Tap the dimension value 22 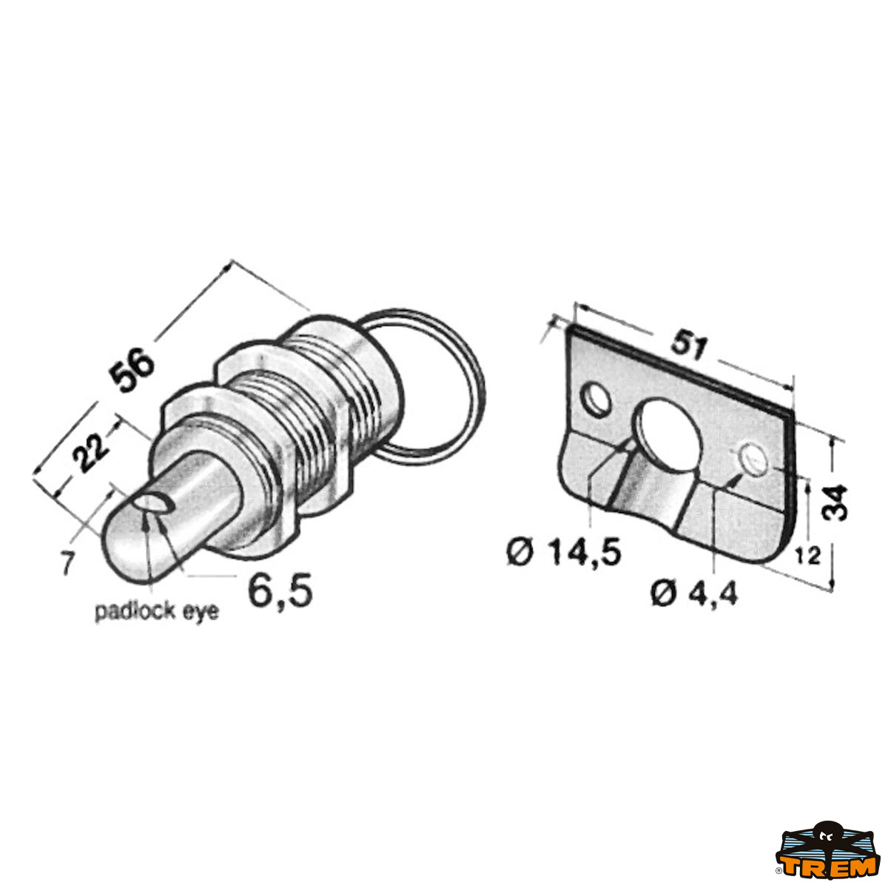pos(90,452)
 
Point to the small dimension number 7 pos(67,564)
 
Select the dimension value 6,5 pos(280,591)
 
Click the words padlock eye pos(157,613)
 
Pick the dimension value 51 pos(687,346)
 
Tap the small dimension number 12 pos(807,556)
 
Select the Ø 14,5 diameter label pos(564,554)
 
